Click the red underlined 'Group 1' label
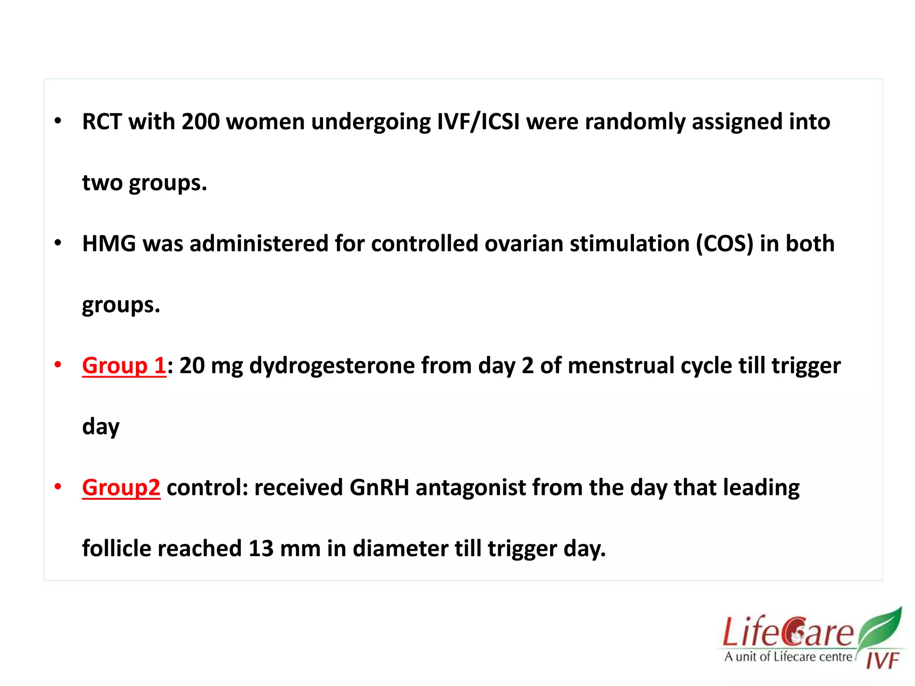(x=124, y=365)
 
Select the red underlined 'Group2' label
(x=121, y=487)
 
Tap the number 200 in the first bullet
(x=201, y=121)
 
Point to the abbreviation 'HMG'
(x=109, y=244)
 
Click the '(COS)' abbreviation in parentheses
(x=724, y=244)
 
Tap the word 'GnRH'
(x=379, y=487)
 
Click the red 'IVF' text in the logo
(x=882, y=660)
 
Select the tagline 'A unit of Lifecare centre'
(x=789, y=657)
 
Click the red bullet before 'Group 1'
(x=58, y=364)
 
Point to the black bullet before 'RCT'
(x=58, y=121)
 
